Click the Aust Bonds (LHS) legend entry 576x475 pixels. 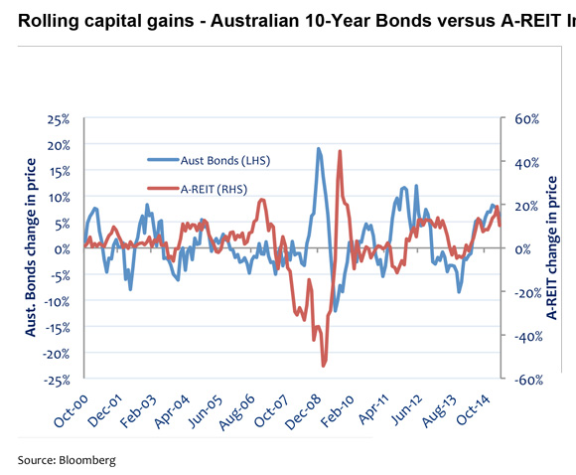pos(223,160)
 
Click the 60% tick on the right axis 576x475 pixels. pos(524,119)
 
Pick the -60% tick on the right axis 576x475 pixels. pos(523,380)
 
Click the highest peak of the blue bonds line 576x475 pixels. pos(318,148)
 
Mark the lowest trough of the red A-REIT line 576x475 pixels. pos(324,367)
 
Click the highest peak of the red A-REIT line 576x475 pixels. pos(340,151)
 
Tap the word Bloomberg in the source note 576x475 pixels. pos(86,460)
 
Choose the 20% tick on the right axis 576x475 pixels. pos(524,206)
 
